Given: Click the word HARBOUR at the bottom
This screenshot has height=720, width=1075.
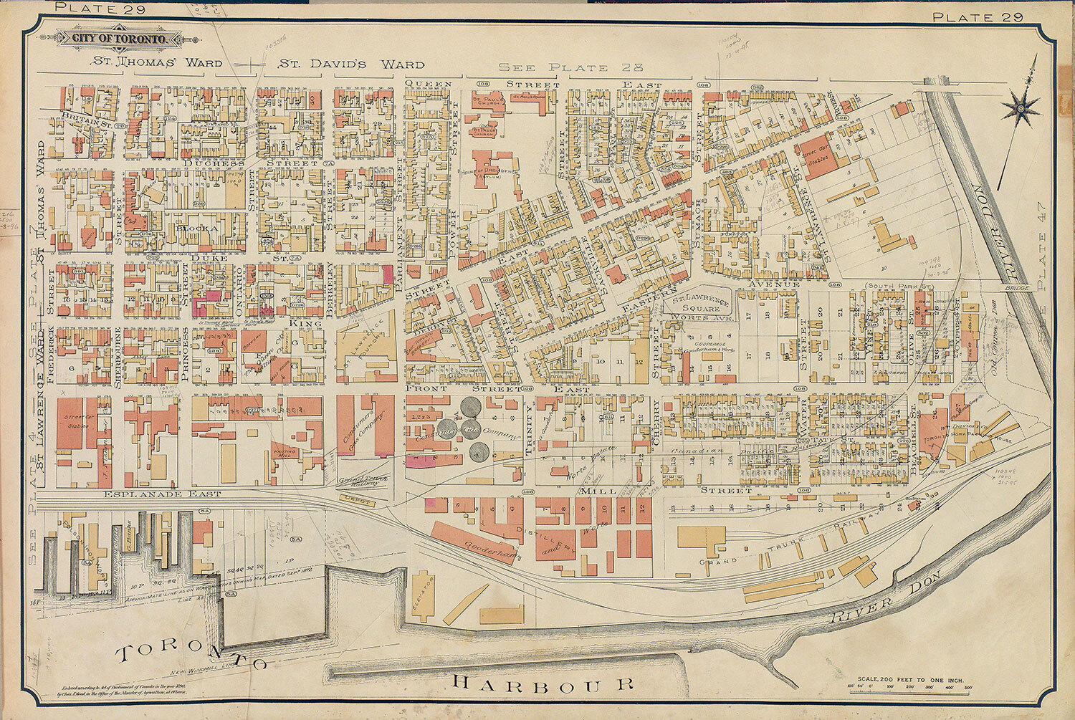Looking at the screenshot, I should [544, 683].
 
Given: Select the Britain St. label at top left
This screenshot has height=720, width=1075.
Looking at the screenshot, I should [85, 119].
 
